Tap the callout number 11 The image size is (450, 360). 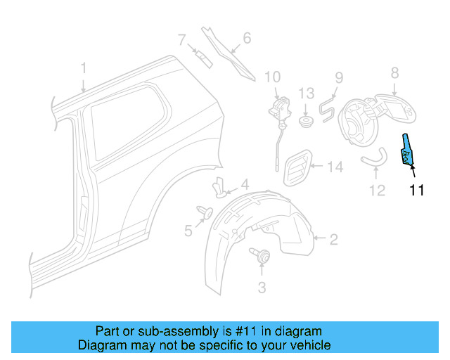417,190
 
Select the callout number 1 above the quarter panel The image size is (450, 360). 83,68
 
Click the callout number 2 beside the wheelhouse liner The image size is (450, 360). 333,240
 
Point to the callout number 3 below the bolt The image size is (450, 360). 262,286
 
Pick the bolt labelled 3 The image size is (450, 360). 260,257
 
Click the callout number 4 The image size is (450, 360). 244,185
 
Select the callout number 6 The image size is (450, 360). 247,37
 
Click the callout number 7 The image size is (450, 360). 181,39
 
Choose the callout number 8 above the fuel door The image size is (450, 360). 394,72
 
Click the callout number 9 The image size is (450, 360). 338,77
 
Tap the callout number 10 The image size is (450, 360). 272,77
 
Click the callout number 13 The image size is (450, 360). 306,93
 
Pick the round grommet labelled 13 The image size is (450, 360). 306,122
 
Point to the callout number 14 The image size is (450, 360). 335,167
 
